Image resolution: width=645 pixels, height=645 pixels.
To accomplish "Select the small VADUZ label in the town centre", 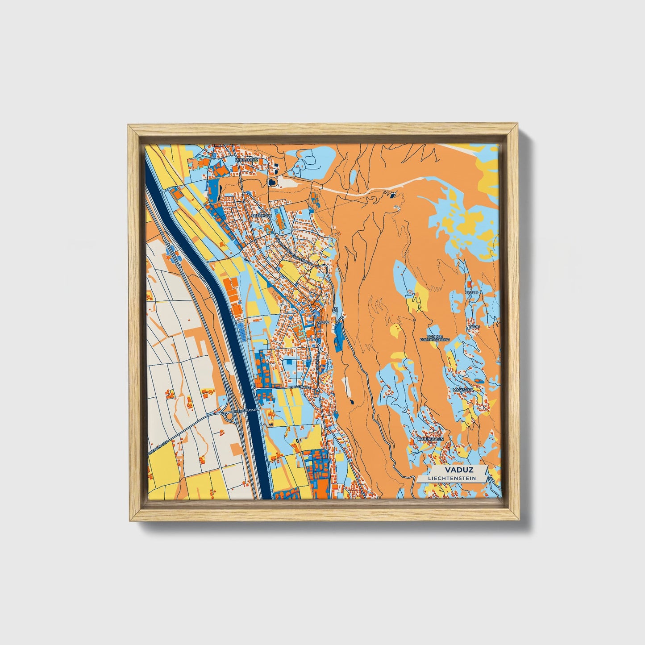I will (322, 321).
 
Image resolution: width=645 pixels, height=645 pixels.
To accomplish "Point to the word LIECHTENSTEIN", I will (452, 478).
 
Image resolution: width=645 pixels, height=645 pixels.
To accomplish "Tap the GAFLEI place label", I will (472, 292).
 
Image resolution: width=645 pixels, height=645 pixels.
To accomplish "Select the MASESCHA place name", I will (463, 390).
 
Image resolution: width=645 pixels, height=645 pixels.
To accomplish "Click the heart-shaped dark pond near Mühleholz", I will (271, 182).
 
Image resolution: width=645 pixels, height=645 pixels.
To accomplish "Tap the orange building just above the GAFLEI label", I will (469, 283).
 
